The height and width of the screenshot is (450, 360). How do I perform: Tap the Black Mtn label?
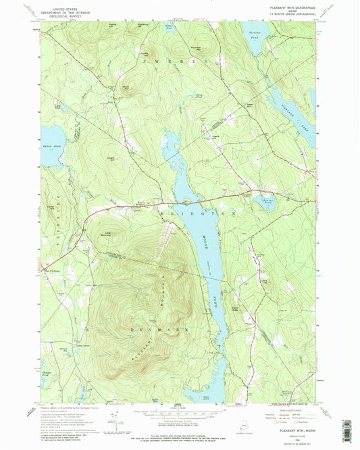point(127,86)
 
